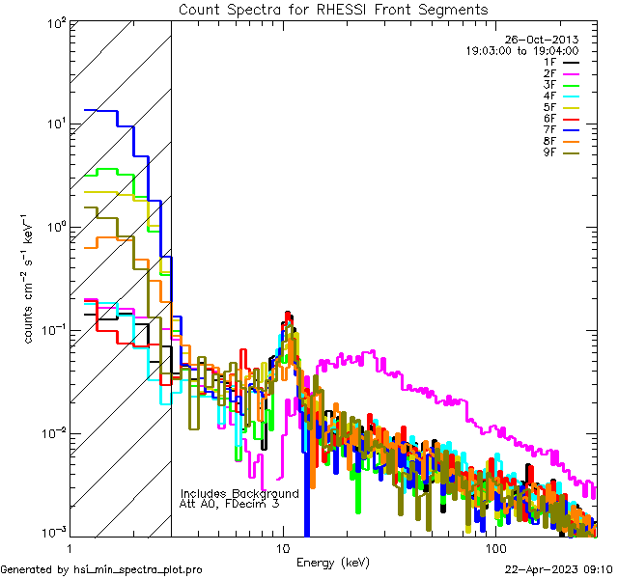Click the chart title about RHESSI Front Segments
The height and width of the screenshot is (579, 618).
pos(333,10)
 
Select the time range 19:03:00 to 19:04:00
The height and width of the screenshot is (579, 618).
pos(521,51)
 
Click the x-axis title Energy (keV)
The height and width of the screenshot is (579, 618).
pos(332,562)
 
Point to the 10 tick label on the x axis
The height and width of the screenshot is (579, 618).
pos(283,547)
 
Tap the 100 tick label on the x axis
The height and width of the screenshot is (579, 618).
pos(494,547)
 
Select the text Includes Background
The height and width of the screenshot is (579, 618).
pos(239,493)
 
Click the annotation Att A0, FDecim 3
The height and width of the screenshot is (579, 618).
pos(230,504)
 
